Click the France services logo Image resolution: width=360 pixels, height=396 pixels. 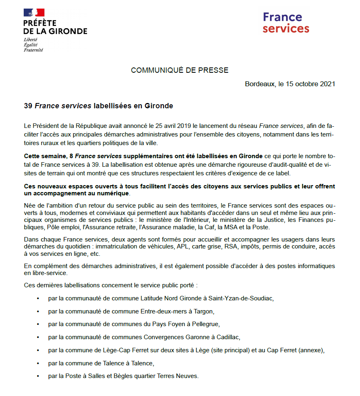(x=286, y=23)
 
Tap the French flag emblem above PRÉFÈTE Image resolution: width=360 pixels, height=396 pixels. (x=34, y=13)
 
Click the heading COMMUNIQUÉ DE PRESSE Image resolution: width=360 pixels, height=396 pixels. (x=179, y=70)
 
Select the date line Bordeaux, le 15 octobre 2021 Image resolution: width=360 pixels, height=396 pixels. (x=290, y=84)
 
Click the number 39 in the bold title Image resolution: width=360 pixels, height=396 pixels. (x=28, y=106)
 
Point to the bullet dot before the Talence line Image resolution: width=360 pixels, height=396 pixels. (x=38, y=363)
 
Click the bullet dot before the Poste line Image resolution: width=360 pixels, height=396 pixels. (x=38, y=376)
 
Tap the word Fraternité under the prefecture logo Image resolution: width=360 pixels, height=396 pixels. (x=34, y=50)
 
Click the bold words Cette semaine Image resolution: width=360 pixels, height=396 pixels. (x=45, y=156)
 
